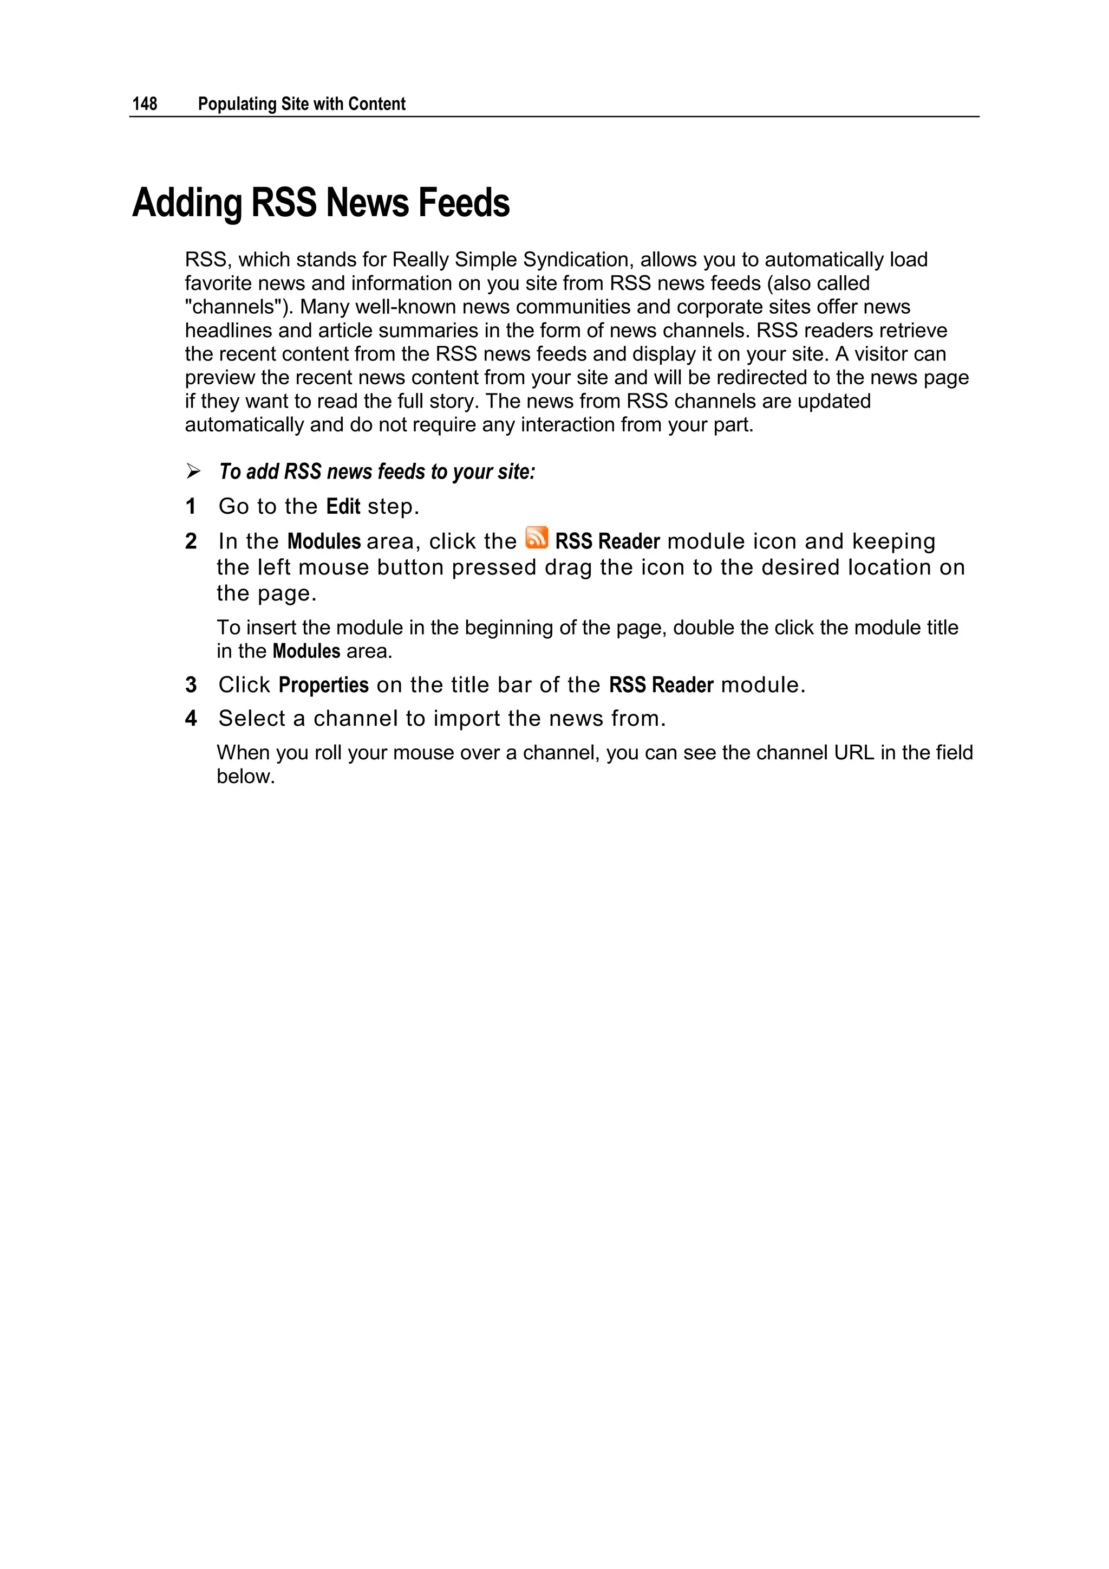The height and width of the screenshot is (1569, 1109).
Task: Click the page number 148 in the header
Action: tap(145, 104)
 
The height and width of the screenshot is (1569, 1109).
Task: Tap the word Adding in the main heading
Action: tap(187, 204)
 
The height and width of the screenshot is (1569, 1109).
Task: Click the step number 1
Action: tap(191, 506)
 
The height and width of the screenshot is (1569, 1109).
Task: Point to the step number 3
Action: tap(191, 685)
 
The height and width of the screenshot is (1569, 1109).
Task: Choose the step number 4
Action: tap(191, 718)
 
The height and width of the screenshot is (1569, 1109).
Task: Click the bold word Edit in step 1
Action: tap(343, 506)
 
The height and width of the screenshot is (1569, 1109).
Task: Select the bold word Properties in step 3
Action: tap(324, 685)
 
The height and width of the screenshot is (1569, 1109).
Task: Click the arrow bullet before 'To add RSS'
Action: tap(193, 472)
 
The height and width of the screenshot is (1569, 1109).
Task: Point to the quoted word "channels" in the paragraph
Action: tap(239, 307)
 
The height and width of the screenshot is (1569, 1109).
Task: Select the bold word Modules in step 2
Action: tap(324, 541)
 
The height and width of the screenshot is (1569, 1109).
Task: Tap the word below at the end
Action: tap(245, 776)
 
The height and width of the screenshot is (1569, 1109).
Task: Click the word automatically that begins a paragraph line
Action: tap(244, 425)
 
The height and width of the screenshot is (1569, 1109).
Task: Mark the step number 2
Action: tap(191, 541)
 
